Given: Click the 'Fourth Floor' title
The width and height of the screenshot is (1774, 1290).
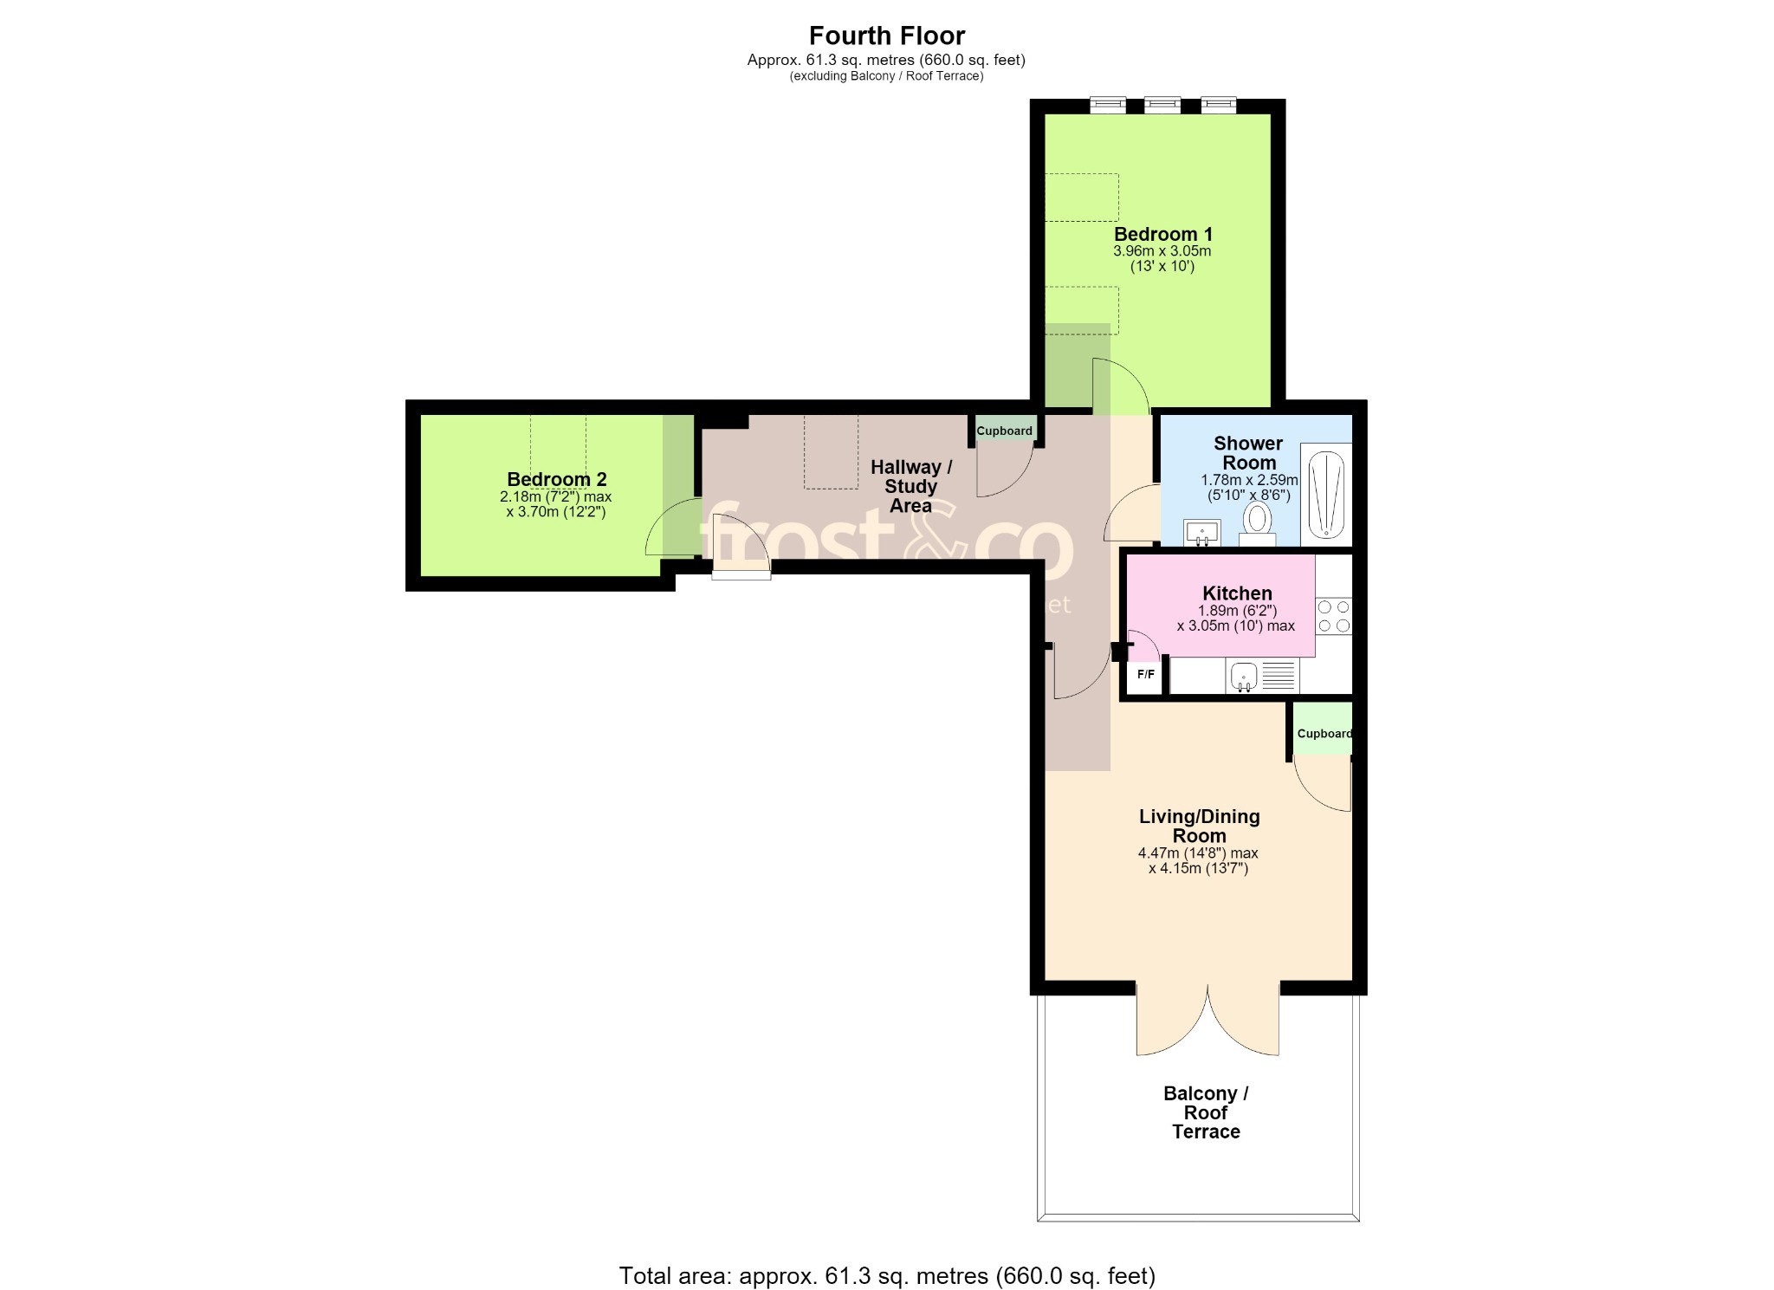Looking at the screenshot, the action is point(887,36).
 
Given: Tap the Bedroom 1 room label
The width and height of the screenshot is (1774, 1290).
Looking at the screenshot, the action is point(1162,234).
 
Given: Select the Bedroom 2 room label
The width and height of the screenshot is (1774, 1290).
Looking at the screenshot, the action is point(556,479).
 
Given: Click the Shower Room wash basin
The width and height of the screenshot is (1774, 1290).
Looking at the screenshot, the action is point(1202,532).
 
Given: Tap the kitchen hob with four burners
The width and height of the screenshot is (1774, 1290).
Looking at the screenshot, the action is point(1334,616).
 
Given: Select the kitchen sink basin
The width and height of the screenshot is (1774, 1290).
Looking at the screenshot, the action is point(1244,676).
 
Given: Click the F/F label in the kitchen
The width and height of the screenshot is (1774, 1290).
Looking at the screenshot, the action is point(1145,674).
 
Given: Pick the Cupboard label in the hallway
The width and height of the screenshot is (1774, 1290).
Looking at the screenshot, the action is point(1004,431).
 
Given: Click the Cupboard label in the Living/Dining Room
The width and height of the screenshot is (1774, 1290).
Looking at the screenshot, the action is point(1324,734).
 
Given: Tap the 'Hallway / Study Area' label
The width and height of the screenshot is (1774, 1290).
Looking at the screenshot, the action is point(910,486).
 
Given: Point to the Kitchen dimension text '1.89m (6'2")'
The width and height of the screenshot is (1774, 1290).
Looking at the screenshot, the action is point(1237,610).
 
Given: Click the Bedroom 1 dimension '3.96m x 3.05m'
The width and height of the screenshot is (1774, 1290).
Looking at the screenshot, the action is point(1162,251).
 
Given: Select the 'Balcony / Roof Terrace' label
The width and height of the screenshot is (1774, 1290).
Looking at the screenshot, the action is point(1206,1112).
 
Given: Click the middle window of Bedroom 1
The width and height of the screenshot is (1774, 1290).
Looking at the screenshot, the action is point(1162,105).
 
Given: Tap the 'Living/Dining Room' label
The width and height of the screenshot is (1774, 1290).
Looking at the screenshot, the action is point(1199,826).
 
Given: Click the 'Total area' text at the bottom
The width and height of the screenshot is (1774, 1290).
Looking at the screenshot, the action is point(887,1275).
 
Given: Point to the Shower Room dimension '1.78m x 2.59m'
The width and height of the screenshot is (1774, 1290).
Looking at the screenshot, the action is point(1249,480).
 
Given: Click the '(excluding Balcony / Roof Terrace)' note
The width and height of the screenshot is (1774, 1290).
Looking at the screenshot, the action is point(886,76).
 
